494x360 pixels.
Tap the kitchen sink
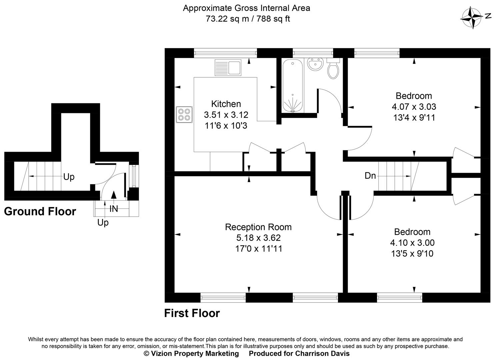coord(228,68)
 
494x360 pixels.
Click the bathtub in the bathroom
coord(293,86)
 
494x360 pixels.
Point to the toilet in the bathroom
coord(333,69)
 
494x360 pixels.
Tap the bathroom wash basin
coord(315,64)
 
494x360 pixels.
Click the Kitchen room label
coord(226,104)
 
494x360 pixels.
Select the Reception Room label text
coord(258,227)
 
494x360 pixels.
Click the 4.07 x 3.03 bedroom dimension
coord(414,107)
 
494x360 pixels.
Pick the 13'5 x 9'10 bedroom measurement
coord(412,254)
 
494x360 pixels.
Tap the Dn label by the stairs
coord(370,176)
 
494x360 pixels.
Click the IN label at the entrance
coord(114,209)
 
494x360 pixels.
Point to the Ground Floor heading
coord(40,211)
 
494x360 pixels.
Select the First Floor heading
coord(192,313)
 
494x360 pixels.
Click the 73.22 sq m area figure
coord(227,19)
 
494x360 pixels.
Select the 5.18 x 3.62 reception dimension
coord(258,238)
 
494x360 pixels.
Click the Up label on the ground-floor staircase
coord(69,177)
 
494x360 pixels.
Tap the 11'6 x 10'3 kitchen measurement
coord(226,126)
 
